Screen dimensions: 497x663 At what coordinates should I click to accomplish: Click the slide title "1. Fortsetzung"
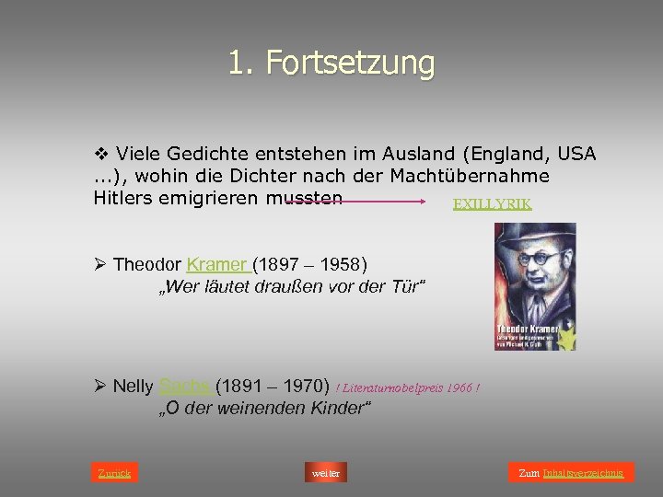click(x=331, y=64)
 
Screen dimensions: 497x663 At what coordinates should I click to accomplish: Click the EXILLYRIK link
click(x=492, y=204)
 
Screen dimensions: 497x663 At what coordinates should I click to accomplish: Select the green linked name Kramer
click(x=218, y=265)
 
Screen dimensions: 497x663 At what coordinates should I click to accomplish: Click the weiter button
click(x=326, y=473)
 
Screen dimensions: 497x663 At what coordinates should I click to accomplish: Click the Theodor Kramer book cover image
click(x=535, y=286)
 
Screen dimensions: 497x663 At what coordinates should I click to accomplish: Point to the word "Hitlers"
click(x=124, y=197)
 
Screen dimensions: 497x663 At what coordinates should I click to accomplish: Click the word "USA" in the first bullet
click(x=575, y=154)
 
